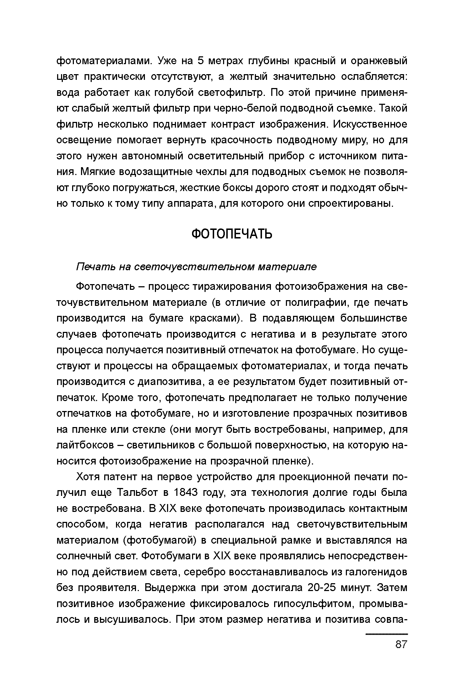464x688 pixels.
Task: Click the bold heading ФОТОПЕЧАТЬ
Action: (232, 234)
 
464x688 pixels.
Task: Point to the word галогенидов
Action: (376, 571)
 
